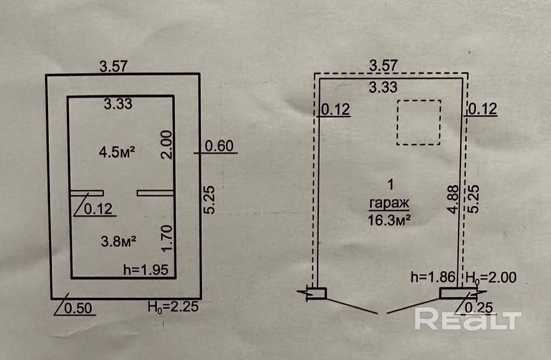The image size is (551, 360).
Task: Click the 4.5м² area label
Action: point(116,152)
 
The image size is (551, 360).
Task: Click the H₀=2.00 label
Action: point(492,278)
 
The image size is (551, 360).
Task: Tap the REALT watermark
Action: point(467,319)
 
